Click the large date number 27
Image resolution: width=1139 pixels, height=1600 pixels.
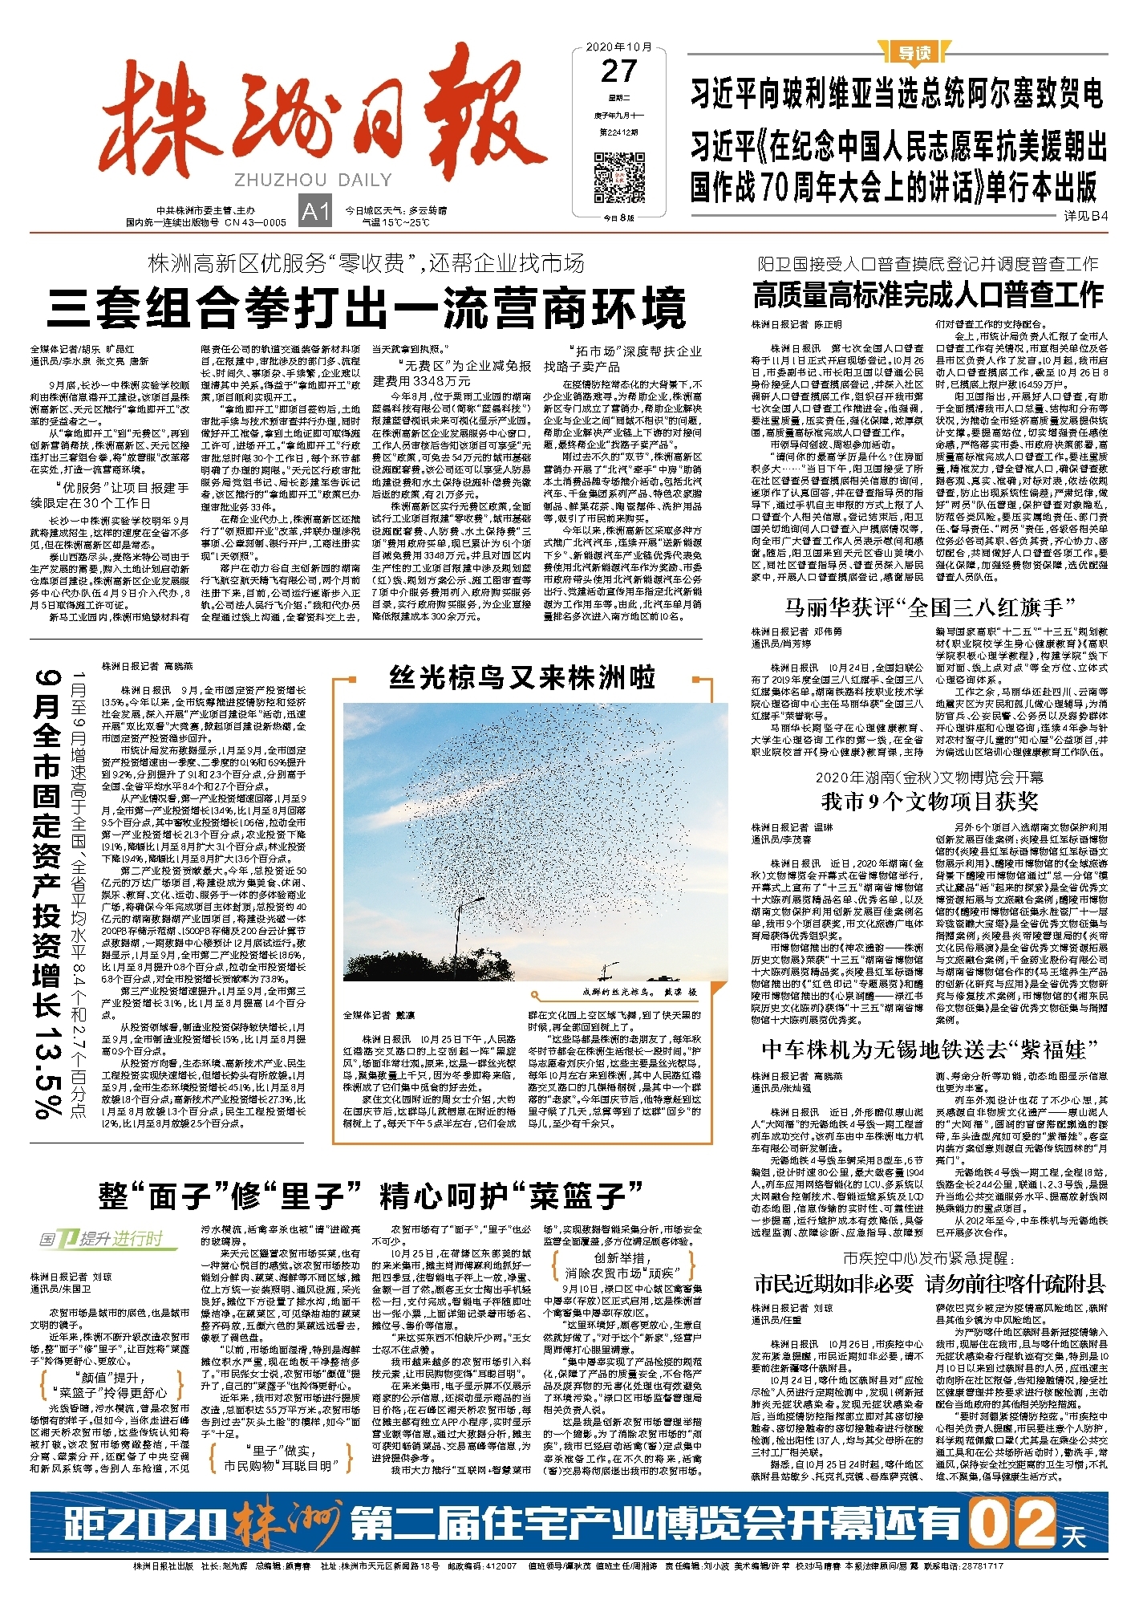point(618,72)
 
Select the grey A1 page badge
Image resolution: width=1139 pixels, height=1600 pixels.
point(315,211)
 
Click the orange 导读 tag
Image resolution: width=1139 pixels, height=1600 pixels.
point(913,53)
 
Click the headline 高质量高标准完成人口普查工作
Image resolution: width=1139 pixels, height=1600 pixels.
point(928,295)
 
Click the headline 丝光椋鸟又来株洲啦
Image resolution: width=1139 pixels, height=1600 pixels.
point(522,678)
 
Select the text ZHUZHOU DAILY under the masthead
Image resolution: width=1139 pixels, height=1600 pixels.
point(313,180)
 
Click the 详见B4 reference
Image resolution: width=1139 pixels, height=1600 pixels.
point(1085,216)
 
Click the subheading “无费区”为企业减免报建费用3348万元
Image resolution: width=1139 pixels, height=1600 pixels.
point(452,372)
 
